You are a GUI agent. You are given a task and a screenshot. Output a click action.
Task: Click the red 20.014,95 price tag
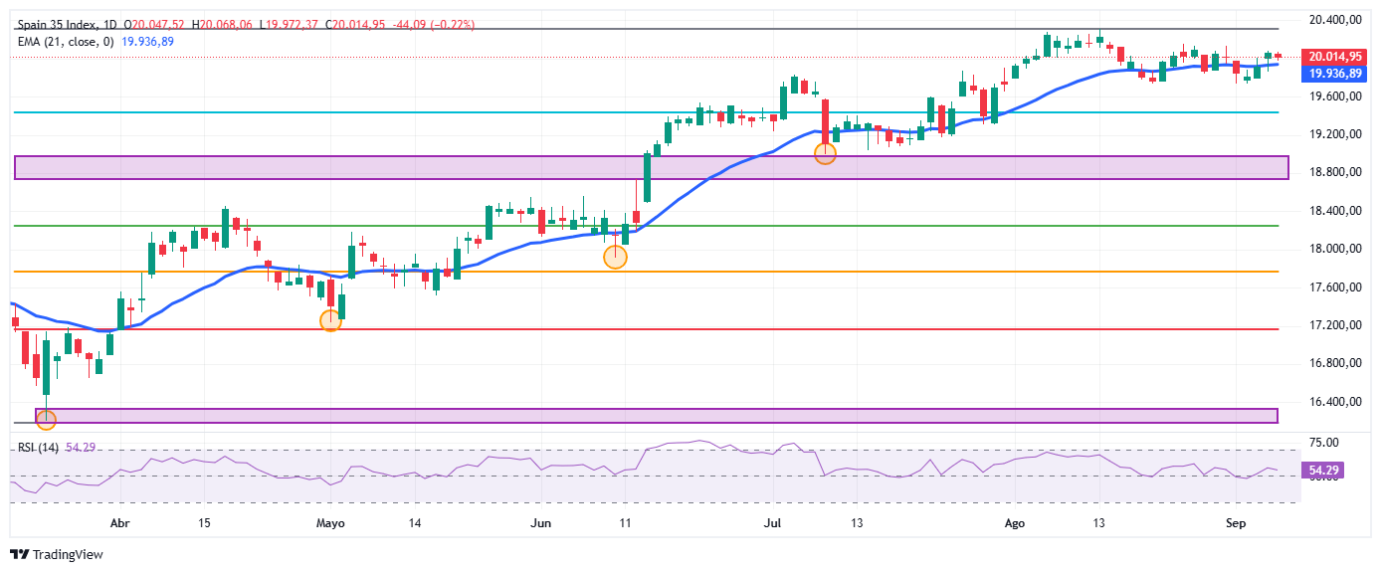point(1335,57)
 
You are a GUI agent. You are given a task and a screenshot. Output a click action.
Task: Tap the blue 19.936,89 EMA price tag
point(1335,74)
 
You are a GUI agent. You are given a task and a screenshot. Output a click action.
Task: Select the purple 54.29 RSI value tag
point(1323,471)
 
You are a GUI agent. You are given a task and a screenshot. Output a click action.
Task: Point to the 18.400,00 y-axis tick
point(1335,211)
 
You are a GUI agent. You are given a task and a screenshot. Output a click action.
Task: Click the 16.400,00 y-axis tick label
point(1335,402)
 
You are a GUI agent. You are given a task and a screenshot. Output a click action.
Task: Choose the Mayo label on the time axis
point(330,523)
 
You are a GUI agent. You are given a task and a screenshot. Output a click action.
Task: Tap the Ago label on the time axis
point(1015,523)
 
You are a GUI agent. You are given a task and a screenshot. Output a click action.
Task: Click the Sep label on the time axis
point(1236,523)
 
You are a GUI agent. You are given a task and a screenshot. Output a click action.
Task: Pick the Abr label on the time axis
point(119,523)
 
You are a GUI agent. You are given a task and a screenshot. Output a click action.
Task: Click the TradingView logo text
point(68,555)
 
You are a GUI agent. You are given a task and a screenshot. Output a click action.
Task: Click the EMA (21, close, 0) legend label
point(66,42)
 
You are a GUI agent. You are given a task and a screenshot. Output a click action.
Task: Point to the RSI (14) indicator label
point(38,448)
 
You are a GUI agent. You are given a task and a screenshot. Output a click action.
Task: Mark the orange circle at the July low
point(825,153)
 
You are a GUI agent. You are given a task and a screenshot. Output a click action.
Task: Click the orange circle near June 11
point(615,257)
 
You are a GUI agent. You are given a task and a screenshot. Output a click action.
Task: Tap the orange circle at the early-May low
point(330,320)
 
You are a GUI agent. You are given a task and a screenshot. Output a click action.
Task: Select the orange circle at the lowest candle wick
point(46,421)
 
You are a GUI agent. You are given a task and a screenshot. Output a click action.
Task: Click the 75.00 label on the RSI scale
point(1323,443)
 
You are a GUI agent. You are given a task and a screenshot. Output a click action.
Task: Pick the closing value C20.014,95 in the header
point(355,25)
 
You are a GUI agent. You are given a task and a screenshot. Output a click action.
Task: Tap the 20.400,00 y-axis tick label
point(1335,20)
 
